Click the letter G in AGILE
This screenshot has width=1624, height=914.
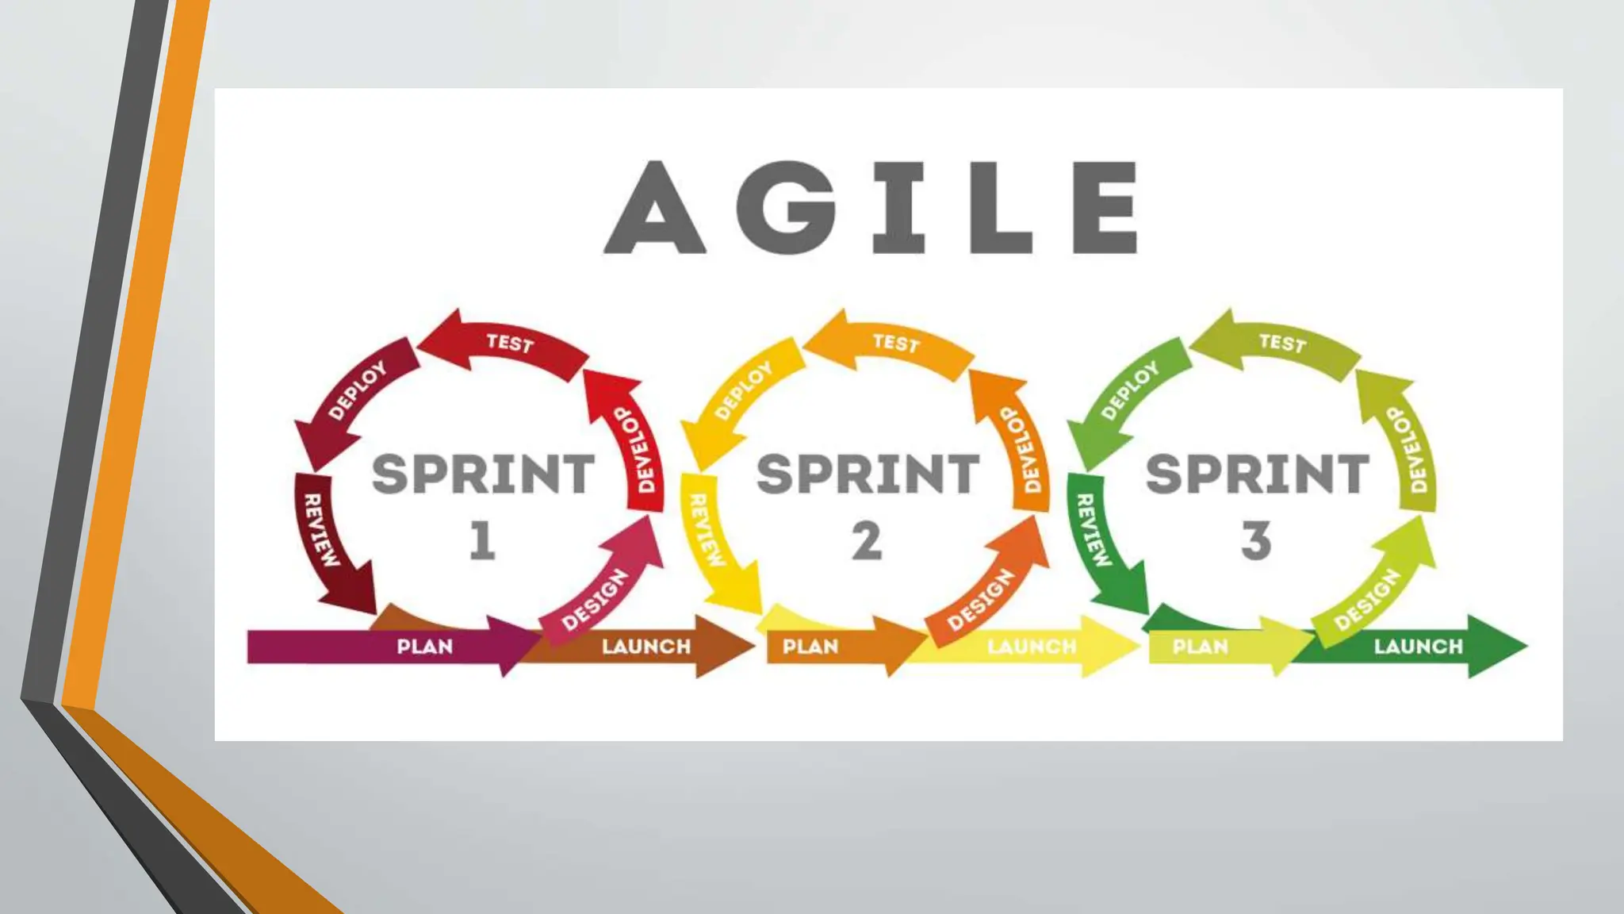click(787, 208)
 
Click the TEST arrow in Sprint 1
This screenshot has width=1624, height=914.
click(509, 344)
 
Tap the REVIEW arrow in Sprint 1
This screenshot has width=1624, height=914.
click(321, 532)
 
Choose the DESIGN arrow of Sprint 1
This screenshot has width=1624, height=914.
click(596, 599)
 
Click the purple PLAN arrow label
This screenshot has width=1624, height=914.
click(424, 647)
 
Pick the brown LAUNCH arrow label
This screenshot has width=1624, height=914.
click(646, 647)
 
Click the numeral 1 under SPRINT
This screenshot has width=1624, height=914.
click(482, 541)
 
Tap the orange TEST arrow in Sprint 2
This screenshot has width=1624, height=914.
click(896, 344)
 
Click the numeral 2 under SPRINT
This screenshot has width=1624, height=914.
click(867, 541)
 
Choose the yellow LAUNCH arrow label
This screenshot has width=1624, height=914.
click(1032, 647)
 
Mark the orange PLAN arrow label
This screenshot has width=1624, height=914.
click(810, 647)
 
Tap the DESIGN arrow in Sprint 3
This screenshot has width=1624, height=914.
click(1369, 599)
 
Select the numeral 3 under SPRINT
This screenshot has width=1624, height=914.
click(1256, 541)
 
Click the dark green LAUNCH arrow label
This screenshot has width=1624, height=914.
click(1419, 647)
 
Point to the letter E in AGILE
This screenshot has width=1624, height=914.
click(1106, 208)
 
